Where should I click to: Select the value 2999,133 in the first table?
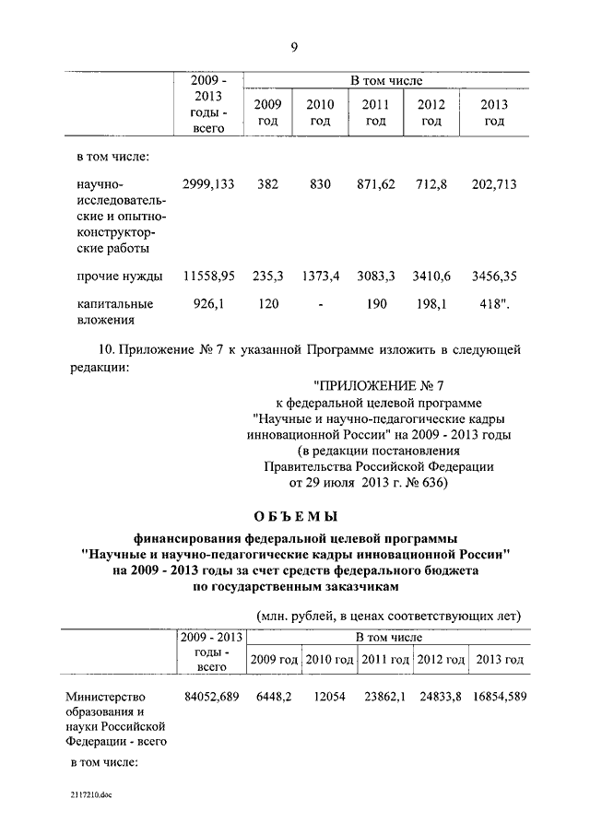208,185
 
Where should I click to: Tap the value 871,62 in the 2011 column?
375,185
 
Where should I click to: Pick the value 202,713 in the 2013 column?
493,185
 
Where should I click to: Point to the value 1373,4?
321,276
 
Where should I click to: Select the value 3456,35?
493,276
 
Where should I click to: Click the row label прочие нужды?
121,276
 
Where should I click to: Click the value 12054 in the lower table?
327,697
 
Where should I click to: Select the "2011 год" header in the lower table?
385,660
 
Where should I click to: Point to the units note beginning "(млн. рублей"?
388,615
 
